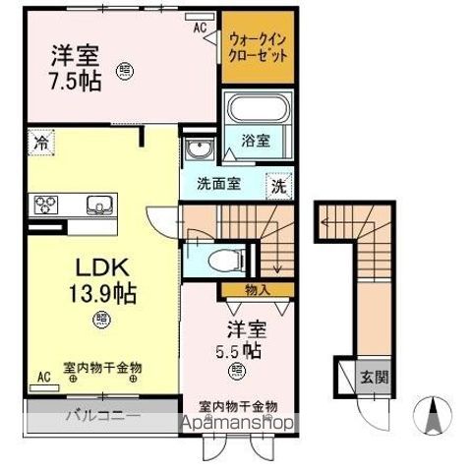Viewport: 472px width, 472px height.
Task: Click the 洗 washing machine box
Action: coord(279,184)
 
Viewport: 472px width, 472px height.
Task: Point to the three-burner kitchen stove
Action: coord(47,205)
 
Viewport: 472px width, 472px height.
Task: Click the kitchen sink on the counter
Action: coord(99,205)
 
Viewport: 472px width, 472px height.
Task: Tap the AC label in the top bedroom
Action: coord(199,28)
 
